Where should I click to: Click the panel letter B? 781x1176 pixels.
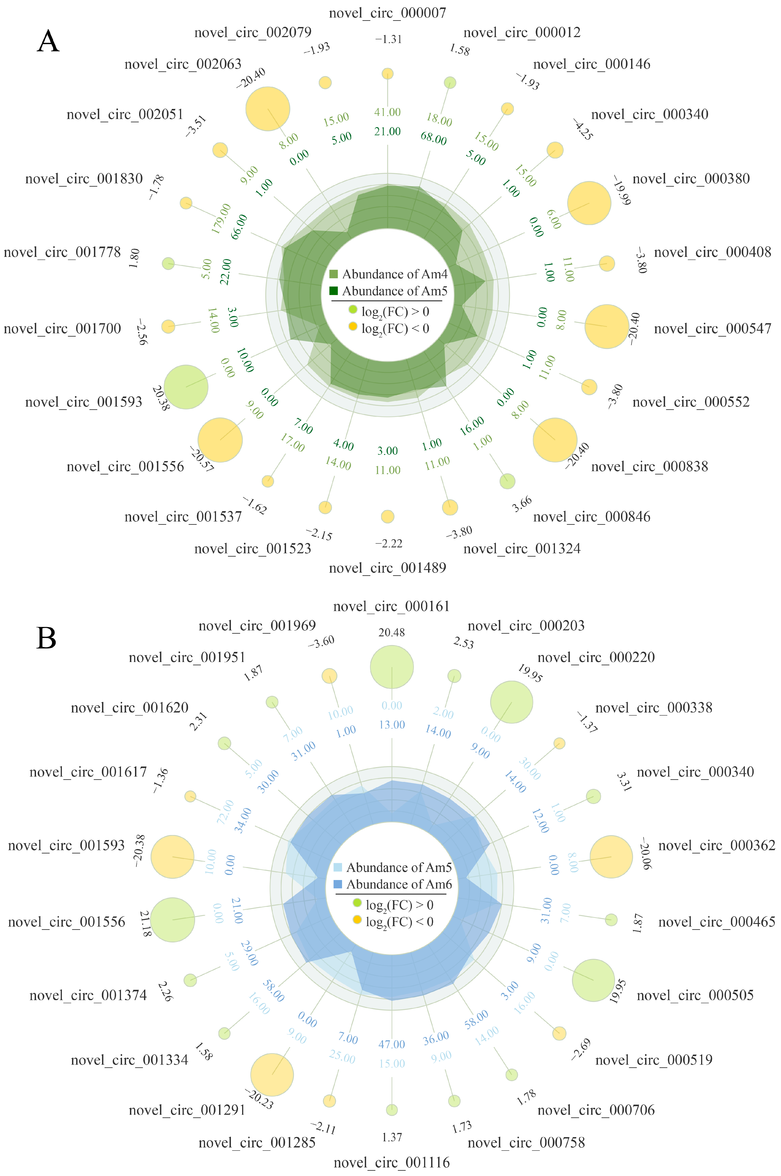pos(46,638)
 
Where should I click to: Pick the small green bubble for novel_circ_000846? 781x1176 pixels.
pos(507,481)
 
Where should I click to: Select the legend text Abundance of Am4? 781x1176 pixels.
pos(394,274)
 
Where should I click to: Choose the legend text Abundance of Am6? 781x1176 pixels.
pos(398,884)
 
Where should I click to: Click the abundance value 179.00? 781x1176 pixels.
pos(221,218)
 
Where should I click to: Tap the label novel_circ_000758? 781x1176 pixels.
pos(526,1142)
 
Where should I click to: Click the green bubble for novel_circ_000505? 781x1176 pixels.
pos(593,980)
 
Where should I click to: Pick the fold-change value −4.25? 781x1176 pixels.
pos(583,130)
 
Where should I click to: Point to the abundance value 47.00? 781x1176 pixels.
pos(392,1044)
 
